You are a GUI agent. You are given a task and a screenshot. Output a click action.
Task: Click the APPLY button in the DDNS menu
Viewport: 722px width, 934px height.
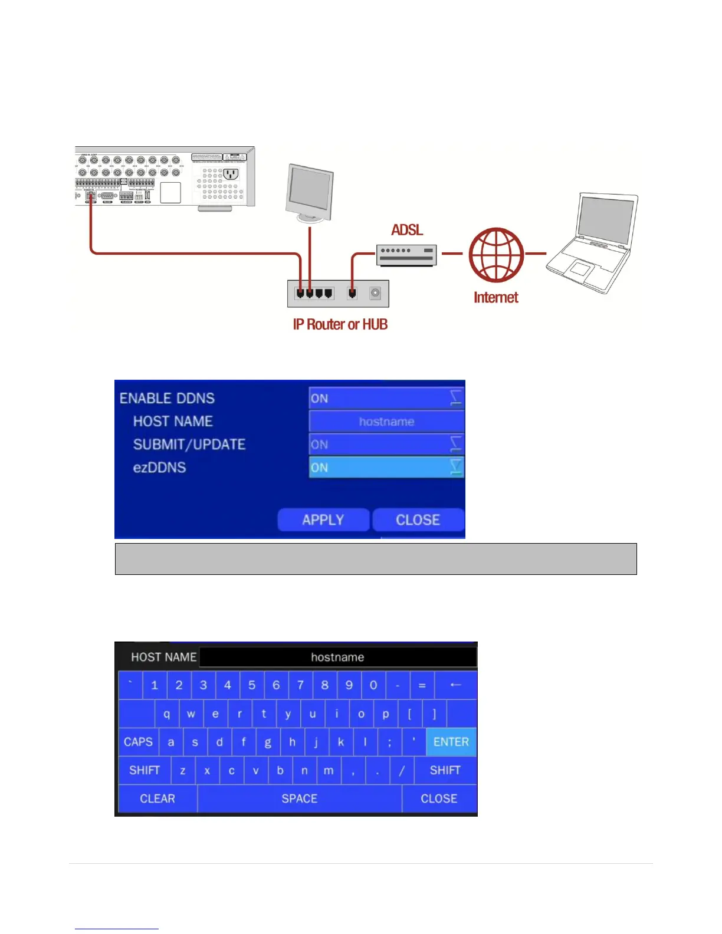click(x=323, y=519)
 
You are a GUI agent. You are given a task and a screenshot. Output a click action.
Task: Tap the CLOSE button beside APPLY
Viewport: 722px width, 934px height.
click(x=418, y=519)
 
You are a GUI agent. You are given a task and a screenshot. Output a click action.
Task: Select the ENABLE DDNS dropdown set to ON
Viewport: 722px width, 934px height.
click(x=386, y=399)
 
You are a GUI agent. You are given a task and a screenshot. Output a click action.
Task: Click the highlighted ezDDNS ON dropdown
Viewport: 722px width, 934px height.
click(x=386, y=468)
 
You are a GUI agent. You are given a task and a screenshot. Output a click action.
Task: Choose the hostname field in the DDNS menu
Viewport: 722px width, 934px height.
click(x=386, y=422)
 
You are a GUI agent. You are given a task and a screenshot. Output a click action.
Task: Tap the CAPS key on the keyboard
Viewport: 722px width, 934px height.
click(x=138, y=742)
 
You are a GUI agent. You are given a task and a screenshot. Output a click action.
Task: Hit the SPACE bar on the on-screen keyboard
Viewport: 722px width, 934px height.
click(x=299, y=798)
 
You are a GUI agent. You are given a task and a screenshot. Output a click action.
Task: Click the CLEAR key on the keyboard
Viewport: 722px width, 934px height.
click(x=157, y=798)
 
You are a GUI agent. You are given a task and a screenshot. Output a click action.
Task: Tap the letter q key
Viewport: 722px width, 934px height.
click(x=167, y=714)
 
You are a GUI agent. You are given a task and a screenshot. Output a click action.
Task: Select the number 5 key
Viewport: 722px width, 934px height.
click(x=252, y=685)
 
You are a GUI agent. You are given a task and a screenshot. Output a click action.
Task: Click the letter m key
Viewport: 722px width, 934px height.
click(x=329, y=770)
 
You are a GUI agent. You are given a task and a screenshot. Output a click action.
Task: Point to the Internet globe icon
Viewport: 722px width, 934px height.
click(x=496, y=254)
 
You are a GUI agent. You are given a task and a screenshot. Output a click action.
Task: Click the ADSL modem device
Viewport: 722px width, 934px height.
click(x=406, y=255)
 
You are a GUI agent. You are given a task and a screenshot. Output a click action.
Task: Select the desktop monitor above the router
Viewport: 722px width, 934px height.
click(x=310, y=193)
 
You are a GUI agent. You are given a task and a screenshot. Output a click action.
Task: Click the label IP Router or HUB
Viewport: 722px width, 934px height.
click(x=340, y=324)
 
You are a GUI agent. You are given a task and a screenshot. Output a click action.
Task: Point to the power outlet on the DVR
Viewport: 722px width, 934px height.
click(x=230, y=174)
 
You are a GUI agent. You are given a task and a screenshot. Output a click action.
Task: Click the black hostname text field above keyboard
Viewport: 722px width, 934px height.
click(x=337, y=657)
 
